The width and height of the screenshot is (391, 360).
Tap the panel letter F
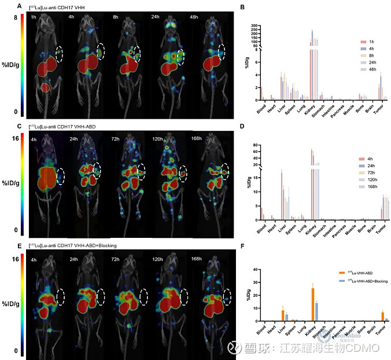[242, 246]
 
